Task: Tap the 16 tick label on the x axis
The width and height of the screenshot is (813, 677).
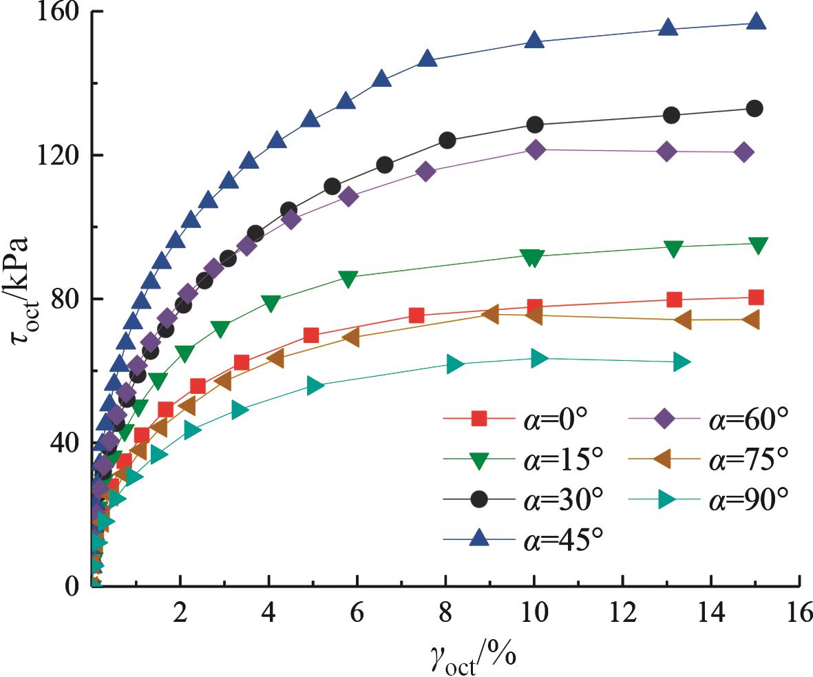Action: coord(799,612)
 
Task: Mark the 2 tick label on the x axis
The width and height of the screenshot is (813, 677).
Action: coord(180,612)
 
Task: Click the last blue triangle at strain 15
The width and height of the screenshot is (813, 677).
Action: coord(756,22)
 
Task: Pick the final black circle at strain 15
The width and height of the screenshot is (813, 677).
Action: coord(754,108)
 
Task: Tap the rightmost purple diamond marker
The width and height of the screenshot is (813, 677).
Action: coord(743,152)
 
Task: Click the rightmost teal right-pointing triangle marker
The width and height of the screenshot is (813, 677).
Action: coord(682,362)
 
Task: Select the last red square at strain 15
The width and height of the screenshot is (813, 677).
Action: coord(756,298)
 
